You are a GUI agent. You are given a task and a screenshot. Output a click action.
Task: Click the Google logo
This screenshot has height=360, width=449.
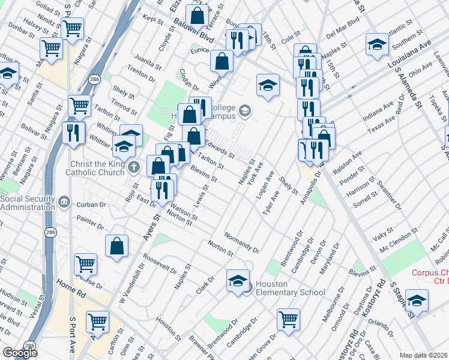(x=20, y=353)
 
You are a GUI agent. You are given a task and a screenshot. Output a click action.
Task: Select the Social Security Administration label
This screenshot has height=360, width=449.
(x=31, y=202)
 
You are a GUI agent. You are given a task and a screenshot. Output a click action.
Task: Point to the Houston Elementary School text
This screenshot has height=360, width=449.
(x=290, y=288)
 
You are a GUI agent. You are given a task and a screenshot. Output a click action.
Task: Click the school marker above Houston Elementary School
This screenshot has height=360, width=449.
(x=238, y=280)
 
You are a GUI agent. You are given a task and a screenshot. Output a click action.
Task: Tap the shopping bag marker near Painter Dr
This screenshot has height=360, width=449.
(x=116, y=245)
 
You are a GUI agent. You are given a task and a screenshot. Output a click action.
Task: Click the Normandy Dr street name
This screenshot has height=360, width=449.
(x=241, y=242)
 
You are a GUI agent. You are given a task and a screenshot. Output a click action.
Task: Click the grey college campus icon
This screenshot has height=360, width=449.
(x=244, y=111)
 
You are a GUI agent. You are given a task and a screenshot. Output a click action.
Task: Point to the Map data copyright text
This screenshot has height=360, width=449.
(x=423, y=355)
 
